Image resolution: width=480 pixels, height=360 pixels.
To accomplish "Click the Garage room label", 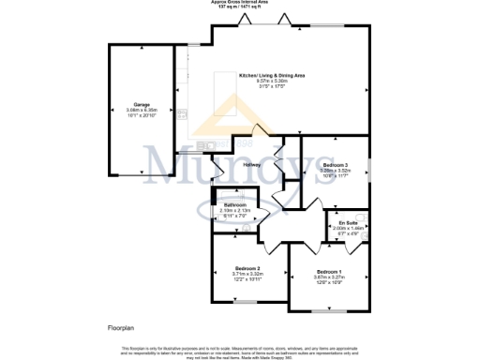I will pos(142,105).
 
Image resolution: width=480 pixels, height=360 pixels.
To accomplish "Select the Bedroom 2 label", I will pos(247,268).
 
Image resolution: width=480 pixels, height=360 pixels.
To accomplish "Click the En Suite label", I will pos(349,222).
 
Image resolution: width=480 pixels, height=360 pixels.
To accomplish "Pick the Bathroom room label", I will pos(234,204).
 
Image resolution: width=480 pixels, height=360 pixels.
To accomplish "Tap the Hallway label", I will pos(251,165).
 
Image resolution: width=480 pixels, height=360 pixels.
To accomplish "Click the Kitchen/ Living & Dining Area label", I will pos(272,75).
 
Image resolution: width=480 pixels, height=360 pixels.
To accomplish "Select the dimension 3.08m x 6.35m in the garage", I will pos(142,111).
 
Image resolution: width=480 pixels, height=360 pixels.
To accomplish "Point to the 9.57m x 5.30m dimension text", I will pos(272,81).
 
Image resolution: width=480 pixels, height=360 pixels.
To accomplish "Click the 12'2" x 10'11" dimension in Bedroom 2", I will pos(247,279).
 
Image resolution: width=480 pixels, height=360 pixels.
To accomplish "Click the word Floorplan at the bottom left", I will pos(121,330).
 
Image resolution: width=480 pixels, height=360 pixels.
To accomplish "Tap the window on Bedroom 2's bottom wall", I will pos(247,302).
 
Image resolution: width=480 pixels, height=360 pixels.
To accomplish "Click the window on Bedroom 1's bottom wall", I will pos(327,310).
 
